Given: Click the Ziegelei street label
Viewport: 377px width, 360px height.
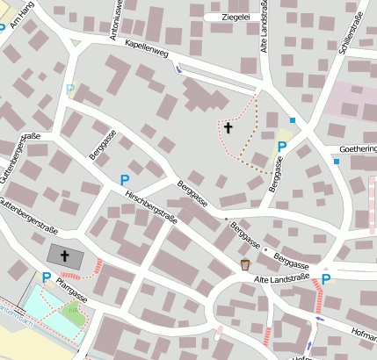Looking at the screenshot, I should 233,16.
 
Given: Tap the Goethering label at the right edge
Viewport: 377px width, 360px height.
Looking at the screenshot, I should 357,149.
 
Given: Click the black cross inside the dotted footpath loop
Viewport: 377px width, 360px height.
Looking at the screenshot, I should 228,128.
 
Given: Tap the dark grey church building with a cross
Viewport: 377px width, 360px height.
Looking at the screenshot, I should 65,256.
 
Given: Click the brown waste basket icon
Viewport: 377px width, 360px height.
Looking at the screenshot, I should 245,264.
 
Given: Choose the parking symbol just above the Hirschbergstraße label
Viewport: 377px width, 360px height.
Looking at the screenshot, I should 124,180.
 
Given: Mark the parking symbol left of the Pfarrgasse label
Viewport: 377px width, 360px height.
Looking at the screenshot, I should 46,277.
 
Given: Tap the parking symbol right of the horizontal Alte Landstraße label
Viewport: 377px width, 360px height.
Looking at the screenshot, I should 326,279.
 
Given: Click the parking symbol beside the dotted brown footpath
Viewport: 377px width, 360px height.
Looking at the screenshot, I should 282,147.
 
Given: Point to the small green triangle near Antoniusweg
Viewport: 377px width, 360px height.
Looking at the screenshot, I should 76,41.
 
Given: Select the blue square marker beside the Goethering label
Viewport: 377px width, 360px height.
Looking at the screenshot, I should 336,161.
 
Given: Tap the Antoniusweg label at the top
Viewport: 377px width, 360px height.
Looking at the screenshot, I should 113,19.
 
